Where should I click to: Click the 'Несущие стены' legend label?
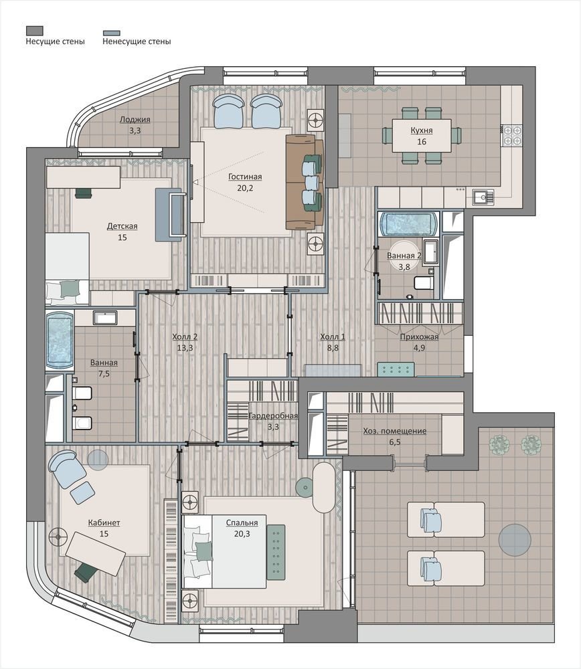point(55,41)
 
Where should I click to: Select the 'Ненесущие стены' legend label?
point(137,41)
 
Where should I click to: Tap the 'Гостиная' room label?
point(245,177)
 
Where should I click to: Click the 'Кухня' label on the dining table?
point(422,130)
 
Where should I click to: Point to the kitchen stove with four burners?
point(512,135)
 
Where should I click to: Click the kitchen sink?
point(483,197)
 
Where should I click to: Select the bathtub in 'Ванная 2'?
point(408,224)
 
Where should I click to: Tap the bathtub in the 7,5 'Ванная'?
point(60,341)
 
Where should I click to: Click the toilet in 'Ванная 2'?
point(424,282)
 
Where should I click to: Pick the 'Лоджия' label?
point(135,120)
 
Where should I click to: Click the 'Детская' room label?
point(122,227)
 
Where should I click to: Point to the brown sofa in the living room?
point(305,182)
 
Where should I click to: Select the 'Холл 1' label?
point(333,337)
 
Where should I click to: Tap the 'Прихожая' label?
point(419,337)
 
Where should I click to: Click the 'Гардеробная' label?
point(273,415)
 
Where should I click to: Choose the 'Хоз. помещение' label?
point(395,431)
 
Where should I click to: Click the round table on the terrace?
point(515,540)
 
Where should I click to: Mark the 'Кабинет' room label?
point(104,522)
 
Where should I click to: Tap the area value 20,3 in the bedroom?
point(242,534)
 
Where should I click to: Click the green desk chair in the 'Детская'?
point(84,193)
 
